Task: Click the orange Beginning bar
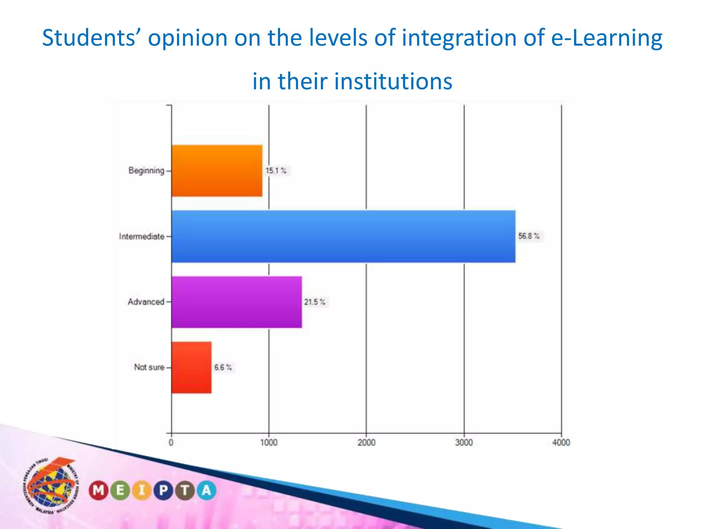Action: (x=217, y=171)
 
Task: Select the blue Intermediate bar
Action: (x=343, y=236)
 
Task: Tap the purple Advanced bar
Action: (x=236, y=302)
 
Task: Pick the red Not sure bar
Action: (x=191, y=367)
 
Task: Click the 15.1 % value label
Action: (x=276, y=171)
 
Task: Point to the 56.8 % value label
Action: (x=529, y=236)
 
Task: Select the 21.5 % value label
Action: (x=315, y=302)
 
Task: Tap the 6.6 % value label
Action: (x=223, y=367)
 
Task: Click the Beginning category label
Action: (x=146, y=170)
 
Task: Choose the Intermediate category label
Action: (x=142, y=237)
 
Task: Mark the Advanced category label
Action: (x=146, y=302)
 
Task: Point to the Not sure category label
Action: (x=149, y=367)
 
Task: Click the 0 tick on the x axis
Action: (x=171, y=443)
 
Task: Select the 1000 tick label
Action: (x=269, y=443)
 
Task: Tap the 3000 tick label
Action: (x=464, y=443)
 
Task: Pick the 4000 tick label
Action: (x=561, y=443)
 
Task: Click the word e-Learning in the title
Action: (x=607, y=38)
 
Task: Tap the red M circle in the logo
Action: (x=98, y=490)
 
